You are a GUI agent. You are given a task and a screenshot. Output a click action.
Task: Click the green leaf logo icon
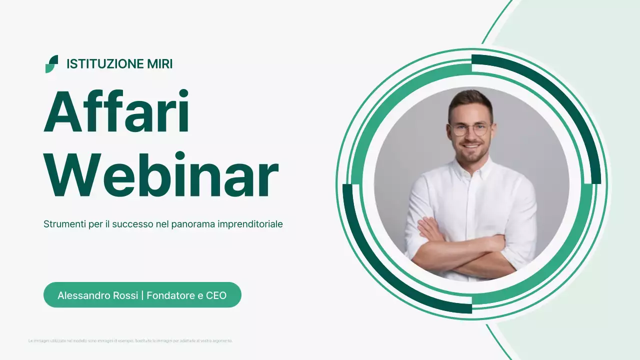[x=51, y=64]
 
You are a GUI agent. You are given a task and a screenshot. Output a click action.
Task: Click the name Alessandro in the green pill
[x=82, y=295]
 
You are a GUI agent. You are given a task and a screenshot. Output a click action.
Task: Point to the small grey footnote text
[x=130, y=341]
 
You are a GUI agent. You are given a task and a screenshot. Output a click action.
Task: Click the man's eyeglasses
[x=470, y=129]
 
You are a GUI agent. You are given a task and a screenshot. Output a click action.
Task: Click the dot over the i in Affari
[x=183, y=93]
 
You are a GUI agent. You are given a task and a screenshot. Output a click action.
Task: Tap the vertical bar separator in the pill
[x=142, y=295]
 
